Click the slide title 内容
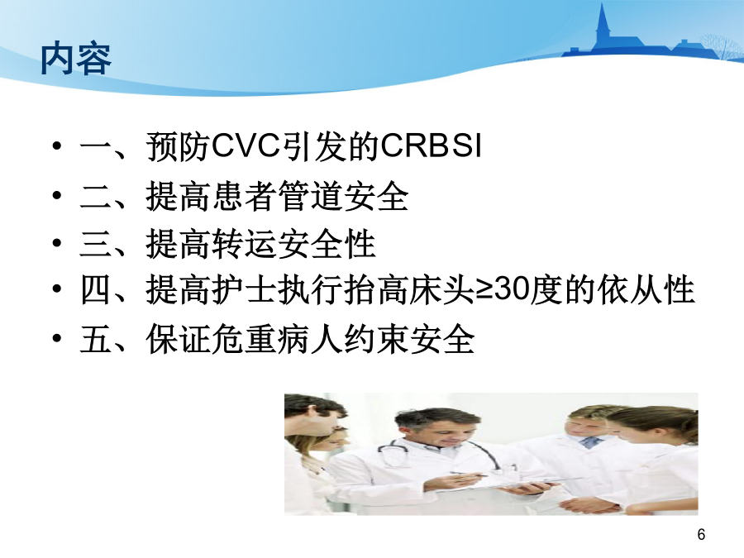tap(76, 60)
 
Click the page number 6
tap(701, 534)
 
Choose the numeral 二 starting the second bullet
tap(95, 197)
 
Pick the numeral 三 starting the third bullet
tap(95, 244)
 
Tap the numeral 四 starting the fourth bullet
tap(95, 289)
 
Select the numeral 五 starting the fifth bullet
tap(95, 339)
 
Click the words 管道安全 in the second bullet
tap(343, 196)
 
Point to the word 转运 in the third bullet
tap(245, 244)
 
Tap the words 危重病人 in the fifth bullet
tap(277, 339)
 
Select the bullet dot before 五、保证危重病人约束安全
tap(57, 338)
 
